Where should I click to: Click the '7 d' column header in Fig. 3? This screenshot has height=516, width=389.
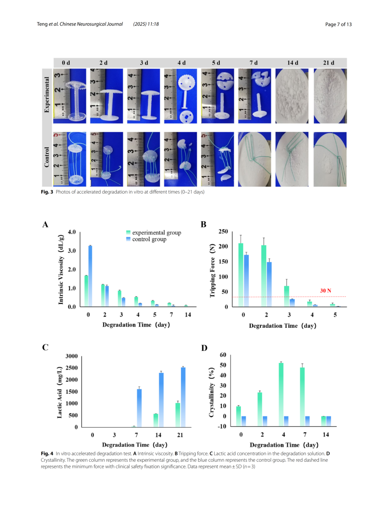[254, 63]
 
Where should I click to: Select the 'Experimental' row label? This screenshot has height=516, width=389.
[47, 95]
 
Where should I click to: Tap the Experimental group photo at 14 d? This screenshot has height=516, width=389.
[292, 96]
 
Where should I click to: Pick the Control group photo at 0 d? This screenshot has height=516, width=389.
[70, 159]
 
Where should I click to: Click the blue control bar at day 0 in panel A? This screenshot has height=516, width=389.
[90, 276]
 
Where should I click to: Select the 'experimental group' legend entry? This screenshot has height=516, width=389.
[154, 232]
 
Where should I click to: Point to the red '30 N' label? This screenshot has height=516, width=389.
[326, 290]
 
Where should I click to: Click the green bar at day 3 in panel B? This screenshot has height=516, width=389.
[286, 296]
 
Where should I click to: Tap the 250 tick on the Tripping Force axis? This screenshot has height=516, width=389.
[223, 232]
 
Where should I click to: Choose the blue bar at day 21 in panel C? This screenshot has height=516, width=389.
[183, 397]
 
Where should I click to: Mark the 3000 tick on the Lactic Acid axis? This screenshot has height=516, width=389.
[72, 356]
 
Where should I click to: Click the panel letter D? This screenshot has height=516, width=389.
[204, 348]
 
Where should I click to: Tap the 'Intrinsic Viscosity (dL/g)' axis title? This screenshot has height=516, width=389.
[61, 270]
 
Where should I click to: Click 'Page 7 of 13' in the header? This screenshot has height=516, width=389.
[338, 24]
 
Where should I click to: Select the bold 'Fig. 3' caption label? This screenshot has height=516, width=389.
[47, 192]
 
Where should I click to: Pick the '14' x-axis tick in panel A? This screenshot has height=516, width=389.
[188, 315]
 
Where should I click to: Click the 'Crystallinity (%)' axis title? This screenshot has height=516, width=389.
[211, 392]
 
